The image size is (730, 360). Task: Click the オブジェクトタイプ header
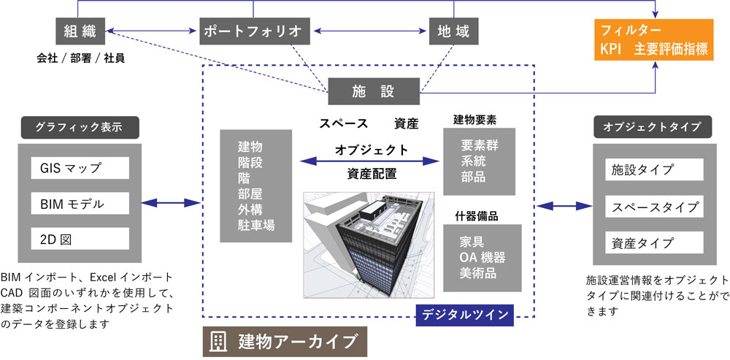coord(648,126)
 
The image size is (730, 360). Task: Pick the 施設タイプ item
coord(648,170)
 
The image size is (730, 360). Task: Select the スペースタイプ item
coord(648,207)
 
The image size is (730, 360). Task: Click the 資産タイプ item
coord(648,242)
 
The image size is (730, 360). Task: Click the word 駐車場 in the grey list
coord(255,226)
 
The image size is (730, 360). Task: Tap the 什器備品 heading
coord(476,216)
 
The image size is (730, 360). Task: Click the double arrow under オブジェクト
coord(372,161)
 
